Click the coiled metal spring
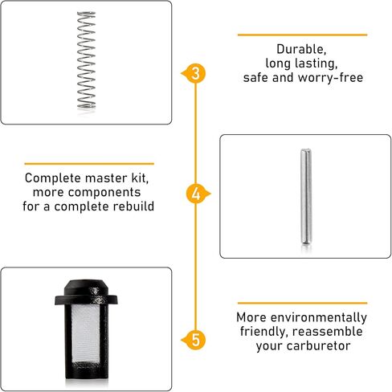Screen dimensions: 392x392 pyautogui.click(x=86, y=60)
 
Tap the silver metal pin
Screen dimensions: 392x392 pyautogui.click(x=305, y=196)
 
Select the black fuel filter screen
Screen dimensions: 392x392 pyautogui.click(x=86, y=329)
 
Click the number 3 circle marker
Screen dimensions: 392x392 pyautogui.click(x=196, y=73)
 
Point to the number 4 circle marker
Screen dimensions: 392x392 pyautogui.click(x=196, y=194)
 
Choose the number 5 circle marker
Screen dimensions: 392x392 pyautogui.click(x=196, y=340)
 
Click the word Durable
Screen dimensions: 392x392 pyautogui.click(x=301, y=49)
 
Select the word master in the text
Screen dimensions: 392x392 pyautogui.click(x=106, y=178)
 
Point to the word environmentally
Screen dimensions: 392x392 pyautogui.click(x=318, y=318)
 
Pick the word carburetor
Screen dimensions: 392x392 pyautogui.click(x=318, y=345)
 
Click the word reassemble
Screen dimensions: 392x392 pyautogui.click(x=328, y=332)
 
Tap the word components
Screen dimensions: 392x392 pyautogui.click(x=104, y=193)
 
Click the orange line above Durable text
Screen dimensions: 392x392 pyautogui.click(x=302, y=35)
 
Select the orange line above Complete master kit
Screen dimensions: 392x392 pyautogui.click(x=89, y=163)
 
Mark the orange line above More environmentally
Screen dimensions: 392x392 pyautogui.click(x=302, y=303)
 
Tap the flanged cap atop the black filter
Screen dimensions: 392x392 pyautogui.click(x=86, y=292)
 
